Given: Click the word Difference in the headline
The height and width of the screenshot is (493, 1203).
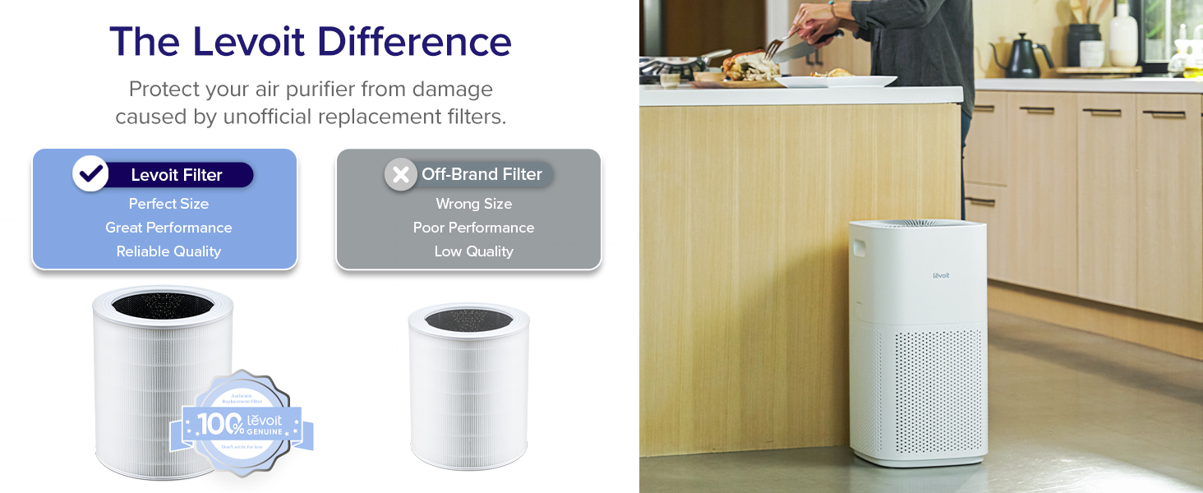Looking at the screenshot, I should point(415,42).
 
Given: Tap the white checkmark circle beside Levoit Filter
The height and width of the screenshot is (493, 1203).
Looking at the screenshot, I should point(90,173).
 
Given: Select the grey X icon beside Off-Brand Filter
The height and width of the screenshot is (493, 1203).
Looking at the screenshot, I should point(401,174).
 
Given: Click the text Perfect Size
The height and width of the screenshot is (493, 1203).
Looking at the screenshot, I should point(168,204).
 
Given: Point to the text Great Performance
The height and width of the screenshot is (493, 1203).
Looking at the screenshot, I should point(168,228).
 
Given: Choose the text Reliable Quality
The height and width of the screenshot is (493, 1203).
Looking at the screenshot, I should point(168,251).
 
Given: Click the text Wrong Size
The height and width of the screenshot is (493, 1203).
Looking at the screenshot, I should point(473,204).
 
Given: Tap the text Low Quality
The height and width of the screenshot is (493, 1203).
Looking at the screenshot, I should point(473,251).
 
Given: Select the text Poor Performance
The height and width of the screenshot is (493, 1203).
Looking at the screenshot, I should point(473,228).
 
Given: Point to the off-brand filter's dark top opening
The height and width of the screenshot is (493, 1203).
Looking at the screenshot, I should point(468,319).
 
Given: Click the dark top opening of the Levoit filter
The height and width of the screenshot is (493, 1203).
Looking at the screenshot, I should point(162,305).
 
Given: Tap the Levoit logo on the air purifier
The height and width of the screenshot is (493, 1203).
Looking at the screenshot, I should point(941,275).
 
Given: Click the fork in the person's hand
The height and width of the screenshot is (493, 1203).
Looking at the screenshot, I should point(776,46).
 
